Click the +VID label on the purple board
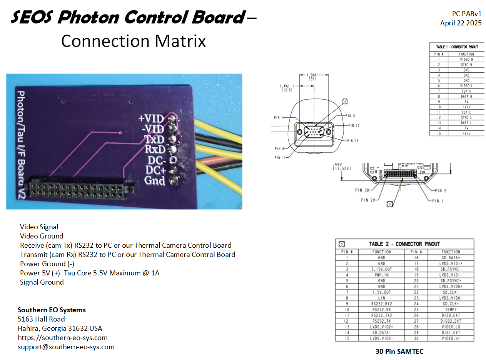(x=151, y=118)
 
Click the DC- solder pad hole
(x=173, y=160)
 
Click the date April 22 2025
(x=461, y=23)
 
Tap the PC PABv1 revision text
(x=466, y=14)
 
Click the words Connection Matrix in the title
(x=133, y=41)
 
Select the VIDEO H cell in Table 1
(x=466, y=60)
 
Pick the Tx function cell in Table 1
(x=466, y=102)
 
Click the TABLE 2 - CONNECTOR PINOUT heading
(x=404, y=244)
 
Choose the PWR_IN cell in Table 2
(x=381, y=275)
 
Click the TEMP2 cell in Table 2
(x=451, y=310)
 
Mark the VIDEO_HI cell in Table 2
(x=451, y=338)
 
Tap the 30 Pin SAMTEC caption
(x=399, y=351)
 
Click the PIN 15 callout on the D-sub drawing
(x=352, y=141)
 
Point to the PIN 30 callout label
(x=362, y=190)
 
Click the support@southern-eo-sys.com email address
(x=66, y=347)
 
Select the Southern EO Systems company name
(x=52, y=310)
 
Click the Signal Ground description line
(x=42, y=282)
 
